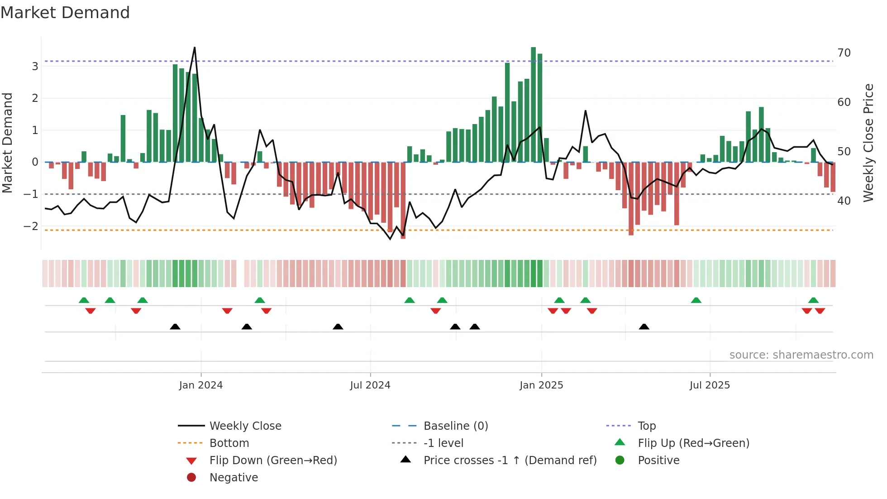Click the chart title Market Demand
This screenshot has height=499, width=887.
(x=65, y=13)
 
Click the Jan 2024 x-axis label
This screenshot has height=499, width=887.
(x=200, y=385)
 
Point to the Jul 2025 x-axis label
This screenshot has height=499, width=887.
(x=710, y=385)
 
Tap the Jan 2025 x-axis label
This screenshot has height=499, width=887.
(x=541, y=385)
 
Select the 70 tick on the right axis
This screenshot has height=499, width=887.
(x=844, y=53)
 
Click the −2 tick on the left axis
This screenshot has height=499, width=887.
(x=31, y=226)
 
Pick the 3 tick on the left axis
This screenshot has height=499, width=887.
(x=35, y=67)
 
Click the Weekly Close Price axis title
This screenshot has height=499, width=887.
(x=868, y=143)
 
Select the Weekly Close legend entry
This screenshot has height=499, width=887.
(x=245, y=426)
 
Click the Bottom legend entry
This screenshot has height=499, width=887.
(x=229, y=443)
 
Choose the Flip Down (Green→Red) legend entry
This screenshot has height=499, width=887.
(x=273, y=461)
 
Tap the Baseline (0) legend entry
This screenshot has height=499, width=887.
(x=455, y=426)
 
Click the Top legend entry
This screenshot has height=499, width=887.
(x=646, y=426)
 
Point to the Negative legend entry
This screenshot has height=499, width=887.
(x=234, y=478)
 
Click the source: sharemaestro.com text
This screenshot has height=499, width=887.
(x=801, y=355)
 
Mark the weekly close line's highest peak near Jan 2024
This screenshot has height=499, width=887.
(x=195, y=48)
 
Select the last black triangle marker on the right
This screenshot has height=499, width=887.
(x=644, y=326)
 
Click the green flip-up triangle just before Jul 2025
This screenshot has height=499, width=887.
(x=696, y=300)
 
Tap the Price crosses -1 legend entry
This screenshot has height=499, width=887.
(x=510, y=461)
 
